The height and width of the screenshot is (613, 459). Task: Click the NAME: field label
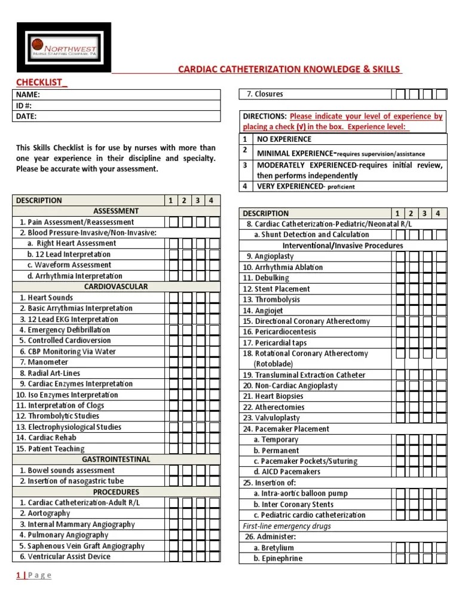pos(28,95)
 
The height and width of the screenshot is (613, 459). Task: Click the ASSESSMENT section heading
pos(116,211)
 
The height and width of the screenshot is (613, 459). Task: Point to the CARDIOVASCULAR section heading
pos(116,287)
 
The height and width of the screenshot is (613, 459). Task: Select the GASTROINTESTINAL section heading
pos(116,460)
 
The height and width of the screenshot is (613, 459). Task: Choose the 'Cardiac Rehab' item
pos(53,438)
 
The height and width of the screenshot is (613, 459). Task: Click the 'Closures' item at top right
pos(268,94)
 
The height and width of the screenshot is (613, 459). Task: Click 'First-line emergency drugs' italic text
pos(287,526)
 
